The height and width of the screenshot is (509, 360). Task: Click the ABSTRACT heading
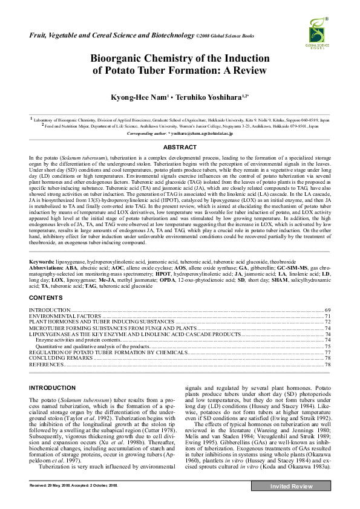click(x=180, y=148)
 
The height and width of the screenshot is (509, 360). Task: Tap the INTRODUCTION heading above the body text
click(x=53, y=388)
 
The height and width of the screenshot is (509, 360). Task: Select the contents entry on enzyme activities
click(x=76, y=340)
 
